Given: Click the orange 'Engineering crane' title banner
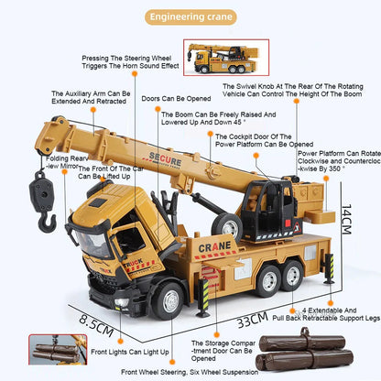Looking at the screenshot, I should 190,16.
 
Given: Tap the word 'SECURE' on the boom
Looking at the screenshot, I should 162,161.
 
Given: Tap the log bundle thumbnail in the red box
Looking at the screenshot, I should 52,352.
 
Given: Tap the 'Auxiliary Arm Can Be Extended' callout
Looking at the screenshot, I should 86,99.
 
